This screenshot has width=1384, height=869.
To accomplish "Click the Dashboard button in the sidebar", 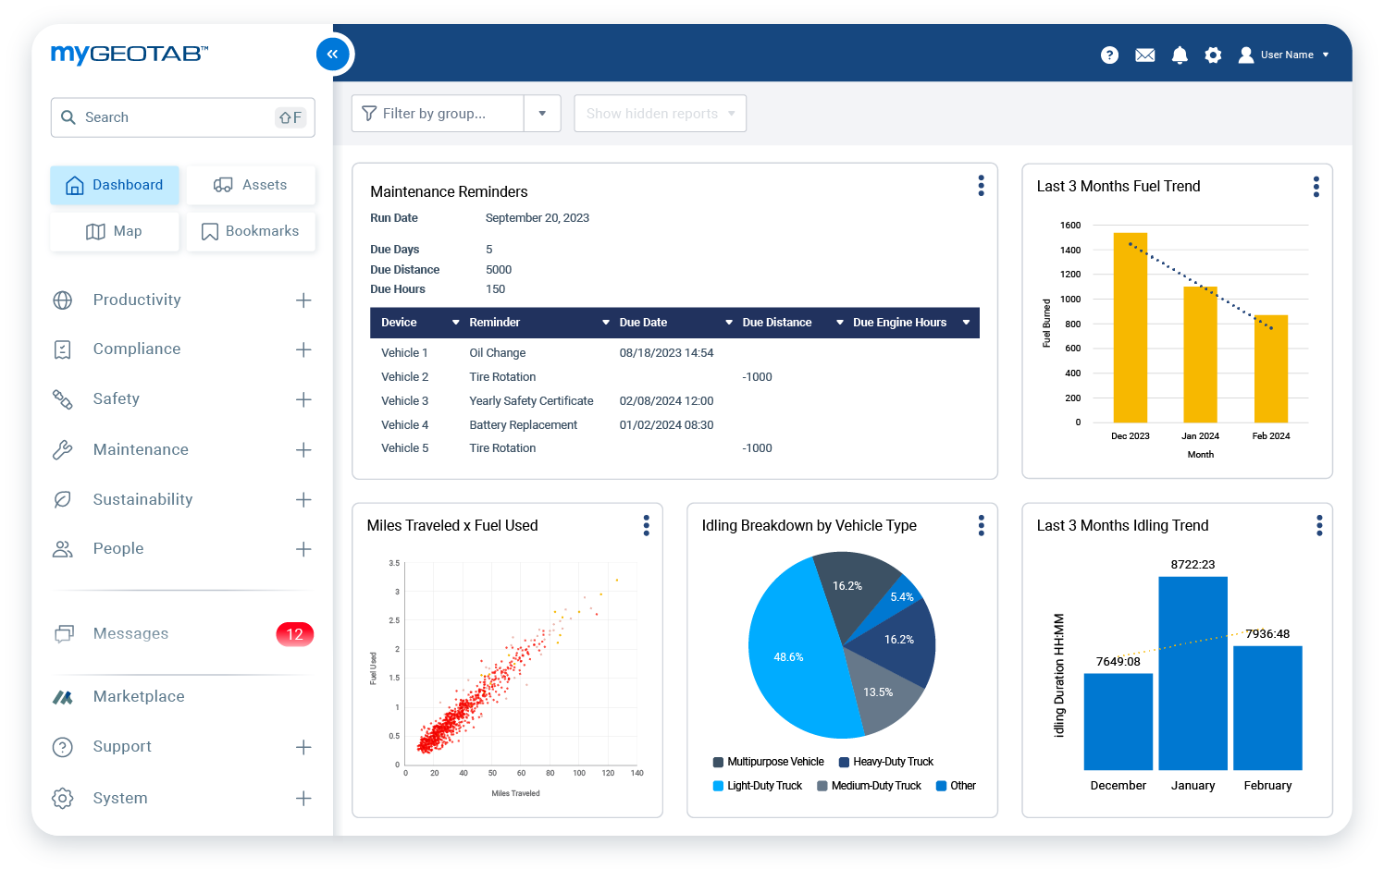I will (115, 185).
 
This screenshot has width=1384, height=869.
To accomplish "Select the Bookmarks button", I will (251, 231).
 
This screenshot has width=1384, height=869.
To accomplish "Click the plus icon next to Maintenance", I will (303, 450).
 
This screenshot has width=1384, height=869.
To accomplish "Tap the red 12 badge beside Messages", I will (294, 634).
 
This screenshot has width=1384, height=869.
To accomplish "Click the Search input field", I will (176, 117).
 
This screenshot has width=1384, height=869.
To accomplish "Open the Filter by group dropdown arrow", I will (542, 114).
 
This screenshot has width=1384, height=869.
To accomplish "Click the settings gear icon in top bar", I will (1213, 55).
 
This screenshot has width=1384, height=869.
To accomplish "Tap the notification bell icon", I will (1180, 55).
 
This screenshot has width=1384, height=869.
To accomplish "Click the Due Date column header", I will (643, 323).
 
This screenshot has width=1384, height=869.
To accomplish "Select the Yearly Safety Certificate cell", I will (531, 401).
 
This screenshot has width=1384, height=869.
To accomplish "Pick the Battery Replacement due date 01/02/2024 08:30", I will (666, 425).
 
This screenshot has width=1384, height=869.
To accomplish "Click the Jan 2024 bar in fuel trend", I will (1200, 356).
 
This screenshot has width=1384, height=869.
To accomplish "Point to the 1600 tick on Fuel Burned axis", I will (1070, 226).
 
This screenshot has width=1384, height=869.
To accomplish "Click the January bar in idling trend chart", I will (1192, 675).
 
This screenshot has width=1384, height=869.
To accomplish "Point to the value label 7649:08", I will (1118, 662).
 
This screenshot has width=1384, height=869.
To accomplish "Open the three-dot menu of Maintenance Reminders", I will (981, 186).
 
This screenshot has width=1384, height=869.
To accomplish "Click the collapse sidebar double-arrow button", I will (333, 55).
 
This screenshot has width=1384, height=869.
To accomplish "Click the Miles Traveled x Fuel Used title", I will (452, 526).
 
